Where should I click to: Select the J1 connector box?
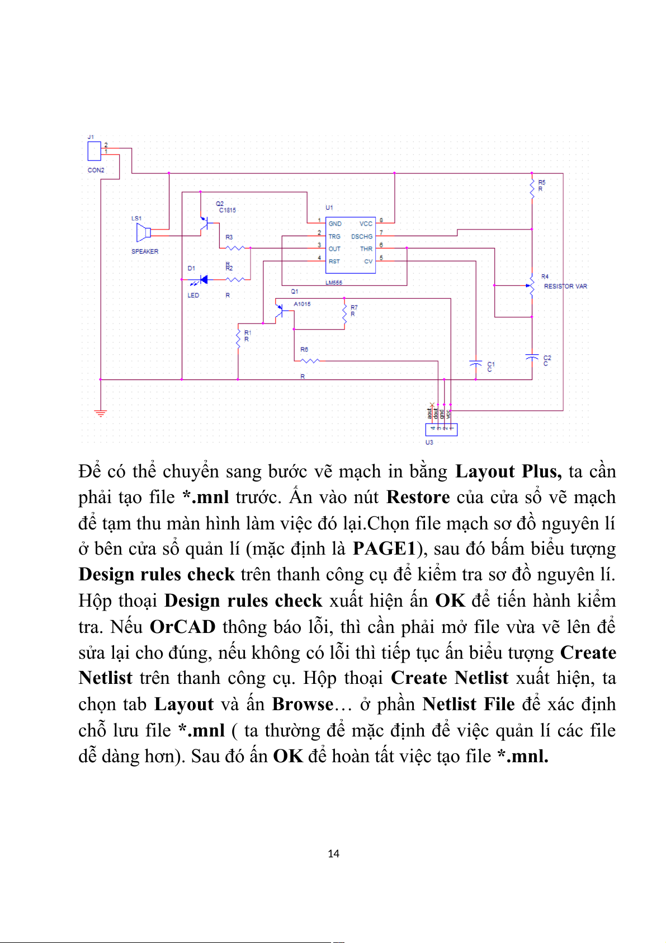[x=94, y=151]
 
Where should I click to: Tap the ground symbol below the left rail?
[x=101, y=414]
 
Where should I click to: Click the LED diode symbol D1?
[x=202, y=279]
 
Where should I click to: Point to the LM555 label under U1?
[x=334, y=283]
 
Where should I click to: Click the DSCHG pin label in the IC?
[x=361, y=237]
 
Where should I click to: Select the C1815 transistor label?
[x=228, y=210]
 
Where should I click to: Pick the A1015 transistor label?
[x=302, y=304]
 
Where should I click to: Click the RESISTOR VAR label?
[x=565, y=287]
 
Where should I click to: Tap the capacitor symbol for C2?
[x=532, y=356]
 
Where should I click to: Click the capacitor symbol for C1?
[x=475, y=363]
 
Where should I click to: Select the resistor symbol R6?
[x=309, y=361]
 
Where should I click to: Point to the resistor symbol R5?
[x=532, y=187]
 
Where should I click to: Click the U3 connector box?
[x=441, y=429]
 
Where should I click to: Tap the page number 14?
[x=333, y=853]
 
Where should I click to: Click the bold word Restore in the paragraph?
[x=418, y=497]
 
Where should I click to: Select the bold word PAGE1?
[x=385, y=548]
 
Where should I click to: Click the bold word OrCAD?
[x=182, y=626]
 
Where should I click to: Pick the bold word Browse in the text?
[x=303, y=704]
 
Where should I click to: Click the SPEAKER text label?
[x=145, y=252]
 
